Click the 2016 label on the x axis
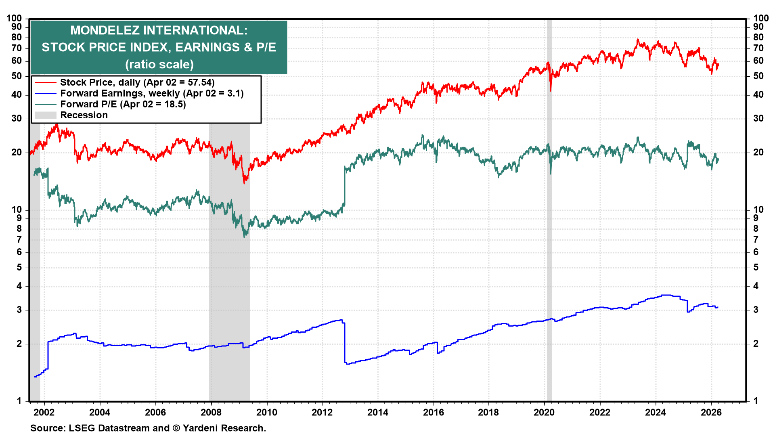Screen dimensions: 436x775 [x=433, y=412]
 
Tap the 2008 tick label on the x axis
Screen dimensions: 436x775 [x=211, y=412]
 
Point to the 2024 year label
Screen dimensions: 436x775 [x=655, y=412]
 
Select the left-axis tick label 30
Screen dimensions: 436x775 [x=17, y=118]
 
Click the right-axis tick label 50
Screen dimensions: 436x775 [x=758, y=76]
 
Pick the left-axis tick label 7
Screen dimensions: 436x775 [x=19, y=239]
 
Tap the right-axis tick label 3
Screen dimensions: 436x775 [x=756, y=310]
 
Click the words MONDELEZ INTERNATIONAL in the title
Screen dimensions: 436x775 [x=159, y=30]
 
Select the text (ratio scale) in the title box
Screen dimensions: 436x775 [x=159, y=64]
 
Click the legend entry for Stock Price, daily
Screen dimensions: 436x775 [x=137, y=82]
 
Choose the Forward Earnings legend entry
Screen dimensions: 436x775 [x=151, y=93]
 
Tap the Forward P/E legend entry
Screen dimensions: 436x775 [x=123, y=104]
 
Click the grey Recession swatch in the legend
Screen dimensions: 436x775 [x=45, y=115]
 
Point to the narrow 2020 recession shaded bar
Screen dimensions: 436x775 [x=549, y=242]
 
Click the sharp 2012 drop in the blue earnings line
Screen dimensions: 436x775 [x=344, y=343]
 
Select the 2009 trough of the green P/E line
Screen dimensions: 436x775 [x=245, y=237]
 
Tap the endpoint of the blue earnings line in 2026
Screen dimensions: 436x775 [x=718, y=307]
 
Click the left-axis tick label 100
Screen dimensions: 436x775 [x=14, y=18]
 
